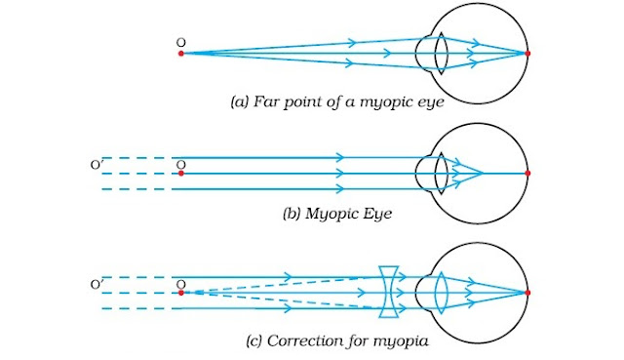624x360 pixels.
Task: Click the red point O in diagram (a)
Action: pos(180,54)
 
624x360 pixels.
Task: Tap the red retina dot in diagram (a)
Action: pos(527,54)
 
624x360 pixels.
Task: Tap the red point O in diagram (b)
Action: pos(180,174)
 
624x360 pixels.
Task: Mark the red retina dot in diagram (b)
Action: pos(527,174)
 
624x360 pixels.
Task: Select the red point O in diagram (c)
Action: pos(180,293)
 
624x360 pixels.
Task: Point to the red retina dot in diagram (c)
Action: pos(527,293)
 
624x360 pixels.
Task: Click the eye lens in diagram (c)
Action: pos(440,293)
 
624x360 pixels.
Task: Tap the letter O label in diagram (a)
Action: pos(180,42)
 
